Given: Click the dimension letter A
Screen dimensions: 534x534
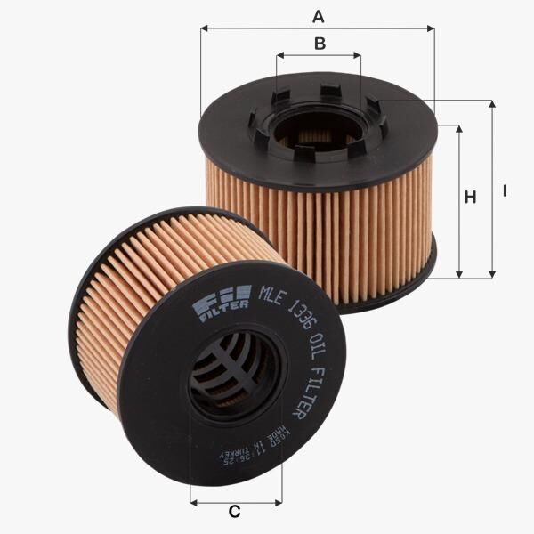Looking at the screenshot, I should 318,15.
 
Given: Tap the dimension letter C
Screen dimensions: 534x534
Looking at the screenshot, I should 235,512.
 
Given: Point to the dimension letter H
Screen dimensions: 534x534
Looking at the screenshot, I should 470,197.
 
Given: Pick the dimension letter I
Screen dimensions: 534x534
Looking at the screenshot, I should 505,190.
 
